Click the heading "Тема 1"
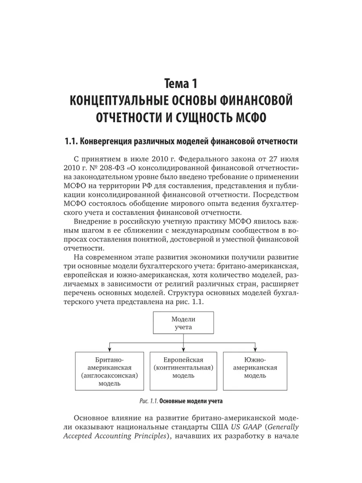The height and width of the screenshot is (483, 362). tap(181, 84)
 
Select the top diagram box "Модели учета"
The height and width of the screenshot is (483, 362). tap(183, 323)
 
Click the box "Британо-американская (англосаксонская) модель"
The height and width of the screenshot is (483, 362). tap(109, 371)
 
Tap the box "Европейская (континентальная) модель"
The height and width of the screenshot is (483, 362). tap(183, 371)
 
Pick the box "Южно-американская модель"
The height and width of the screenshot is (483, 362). tap(255, 371)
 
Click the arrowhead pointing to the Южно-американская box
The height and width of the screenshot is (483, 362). tap(255, 349)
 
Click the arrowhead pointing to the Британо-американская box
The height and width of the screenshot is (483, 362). tap(109, 349)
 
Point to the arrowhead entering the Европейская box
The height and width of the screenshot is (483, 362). tap(183, 349)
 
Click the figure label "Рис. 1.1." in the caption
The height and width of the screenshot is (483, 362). tap(148, 401)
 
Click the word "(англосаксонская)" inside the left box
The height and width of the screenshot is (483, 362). tap(109, 376)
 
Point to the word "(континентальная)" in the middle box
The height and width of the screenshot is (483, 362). tap(183, 367)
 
